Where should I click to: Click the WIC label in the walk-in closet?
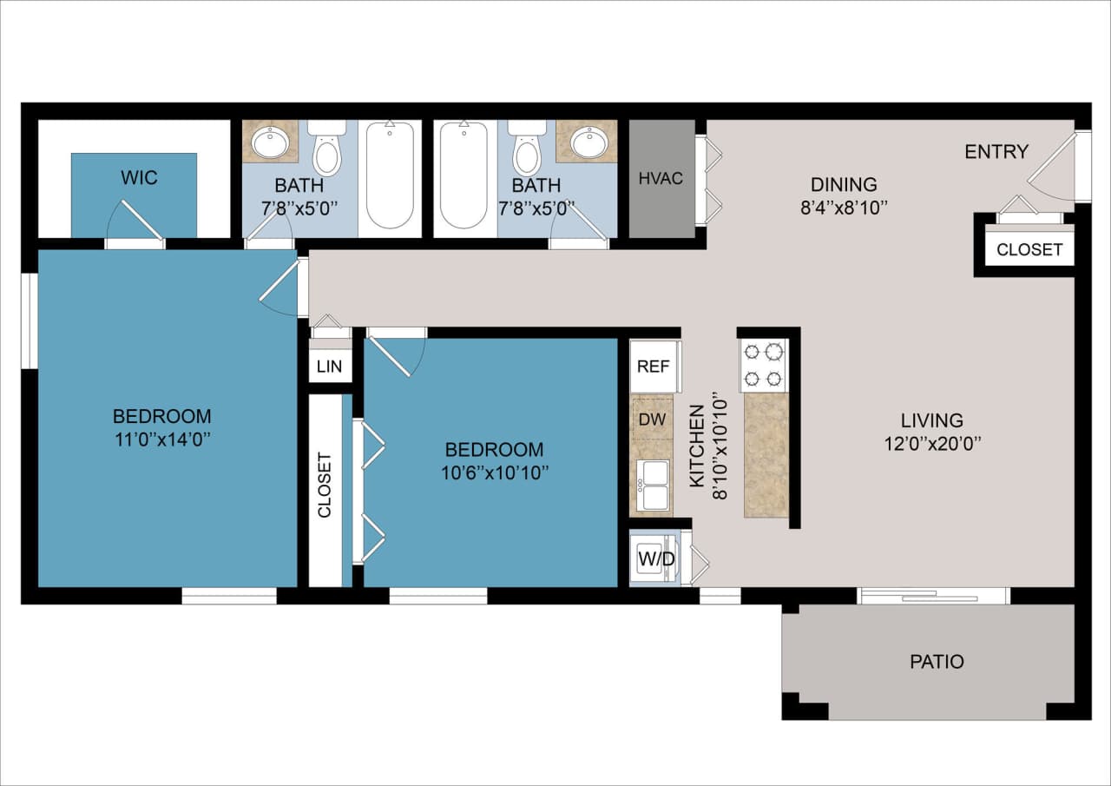139,178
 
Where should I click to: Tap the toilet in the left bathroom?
327,152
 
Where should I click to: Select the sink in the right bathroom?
588,142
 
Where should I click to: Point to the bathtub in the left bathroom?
390,176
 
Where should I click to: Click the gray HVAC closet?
661,179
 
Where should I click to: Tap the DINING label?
844,184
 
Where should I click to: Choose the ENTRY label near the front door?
996,152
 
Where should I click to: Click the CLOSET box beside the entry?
1029,249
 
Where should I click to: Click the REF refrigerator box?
654,366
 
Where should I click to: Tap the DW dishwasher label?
651,418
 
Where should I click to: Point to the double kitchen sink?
653,485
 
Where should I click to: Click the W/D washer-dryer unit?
656,558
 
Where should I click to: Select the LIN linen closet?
330,366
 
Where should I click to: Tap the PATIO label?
937,662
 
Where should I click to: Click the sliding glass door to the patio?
933,596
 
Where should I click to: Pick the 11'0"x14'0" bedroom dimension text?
161,439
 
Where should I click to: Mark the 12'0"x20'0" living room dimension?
931,444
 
